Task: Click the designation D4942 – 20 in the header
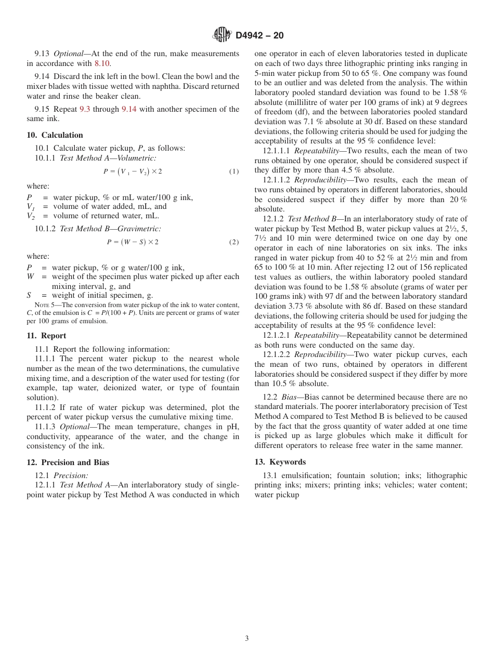pyautogui.click(x=259, y=36)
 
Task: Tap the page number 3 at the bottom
pyautogui.click(x=247, y=639)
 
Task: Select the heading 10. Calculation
pyautogui.click(x=55, y=135)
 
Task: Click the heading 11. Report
pyautogui.click(x=46, y=336)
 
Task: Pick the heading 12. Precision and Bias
pyautogui.click(x=68, y=462)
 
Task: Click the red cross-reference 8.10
pyautogui.click(x=102, y=63)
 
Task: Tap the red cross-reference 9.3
pyautogui.click(x=85, y=109)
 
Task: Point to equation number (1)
pyautogui.click(x=234, y=171)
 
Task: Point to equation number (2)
pyautogui.click(x=234, y=242)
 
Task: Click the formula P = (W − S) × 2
pyautogui.click(x=133, y=242)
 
